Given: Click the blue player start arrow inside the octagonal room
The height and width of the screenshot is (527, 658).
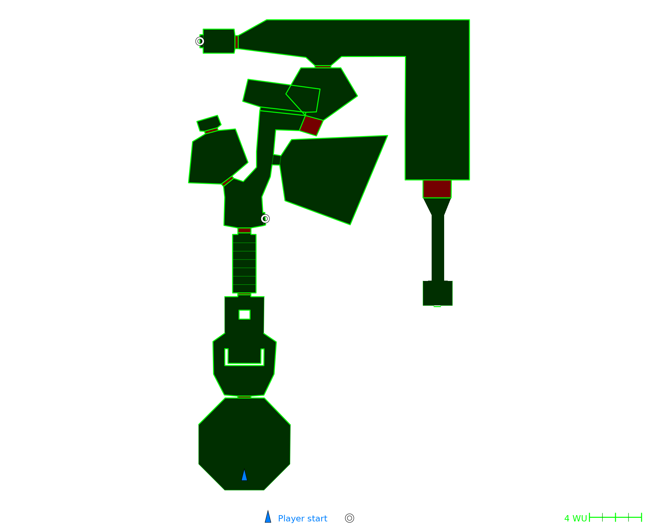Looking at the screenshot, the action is (x=244, y=475).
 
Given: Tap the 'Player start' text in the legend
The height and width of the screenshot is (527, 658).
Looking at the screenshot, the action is (x=302, y=519).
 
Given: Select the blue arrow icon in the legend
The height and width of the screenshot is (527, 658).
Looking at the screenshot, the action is (x=268, y=517).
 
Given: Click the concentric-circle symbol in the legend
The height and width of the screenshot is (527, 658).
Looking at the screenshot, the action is (x=349, y=518).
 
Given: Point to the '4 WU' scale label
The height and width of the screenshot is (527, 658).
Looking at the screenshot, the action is (x=575, y=519).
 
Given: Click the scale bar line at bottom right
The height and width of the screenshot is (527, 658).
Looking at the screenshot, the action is (x=616, y=517).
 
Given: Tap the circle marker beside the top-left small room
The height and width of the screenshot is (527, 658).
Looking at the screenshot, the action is (x=200, y=41).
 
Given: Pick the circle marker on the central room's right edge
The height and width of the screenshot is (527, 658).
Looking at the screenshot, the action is (x=265, y=219).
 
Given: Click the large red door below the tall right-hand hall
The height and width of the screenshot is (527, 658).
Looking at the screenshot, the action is (x=437, y=189).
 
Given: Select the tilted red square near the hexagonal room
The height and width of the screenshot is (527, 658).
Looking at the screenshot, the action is (x=311, y=125).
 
